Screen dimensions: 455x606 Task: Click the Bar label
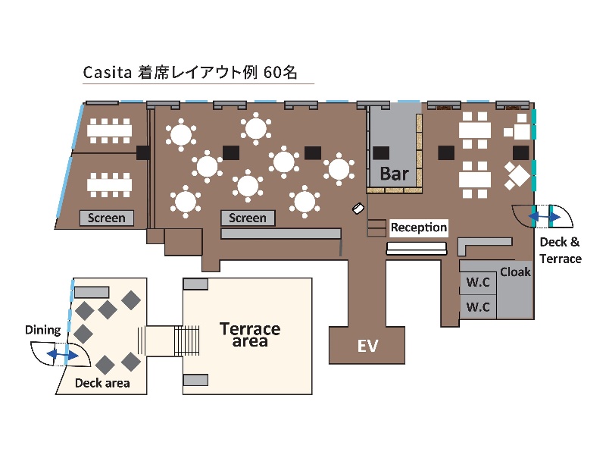pos(394,174)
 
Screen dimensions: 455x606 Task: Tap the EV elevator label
pos(367,347)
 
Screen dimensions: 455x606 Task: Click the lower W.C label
pos(477,307)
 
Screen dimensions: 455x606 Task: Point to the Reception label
pos(418,227)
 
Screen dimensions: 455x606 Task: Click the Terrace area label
pos(250,334)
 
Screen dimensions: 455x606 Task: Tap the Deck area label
pos(102,383)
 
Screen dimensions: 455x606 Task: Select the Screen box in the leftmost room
pos(107,218)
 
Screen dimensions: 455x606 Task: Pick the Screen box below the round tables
pos(248,218)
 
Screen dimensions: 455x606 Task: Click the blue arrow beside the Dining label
pos(61,354)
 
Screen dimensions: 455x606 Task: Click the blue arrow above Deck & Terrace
pos(544,218)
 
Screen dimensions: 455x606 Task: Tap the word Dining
pos(42,330)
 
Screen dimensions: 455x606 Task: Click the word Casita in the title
pos(107,73)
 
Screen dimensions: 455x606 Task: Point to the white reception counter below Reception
pos(417,248)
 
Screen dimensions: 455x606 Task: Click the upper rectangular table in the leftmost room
pos(109,130)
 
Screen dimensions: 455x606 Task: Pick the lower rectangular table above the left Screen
pos(109,184)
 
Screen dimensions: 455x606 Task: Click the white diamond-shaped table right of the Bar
pos(520,176)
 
